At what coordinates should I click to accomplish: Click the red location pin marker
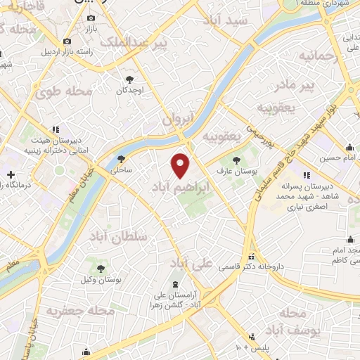click(x=181, y=165)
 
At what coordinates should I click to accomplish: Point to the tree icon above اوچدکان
click(x=130, y=79)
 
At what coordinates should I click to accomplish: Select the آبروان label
click(x=177, y=120)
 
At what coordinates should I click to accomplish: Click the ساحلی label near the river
click(x=121, y=169)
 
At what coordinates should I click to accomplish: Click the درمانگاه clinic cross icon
click(x=11, y=174)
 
